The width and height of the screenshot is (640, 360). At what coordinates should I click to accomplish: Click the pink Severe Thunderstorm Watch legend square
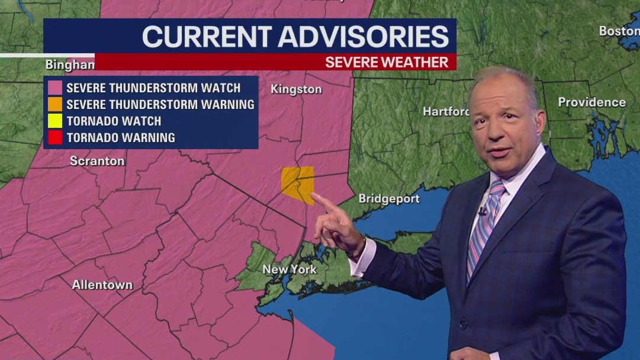click(x=55, y=88)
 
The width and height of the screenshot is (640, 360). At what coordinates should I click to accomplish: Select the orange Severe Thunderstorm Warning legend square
click(x=55, y=105)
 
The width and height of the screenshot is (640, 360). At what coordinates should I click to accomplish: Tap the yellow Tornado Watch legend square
click(x=55, y=121)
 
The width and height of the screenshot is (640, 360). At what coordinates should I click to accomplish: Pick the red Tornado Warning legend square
click(x=55, y=138)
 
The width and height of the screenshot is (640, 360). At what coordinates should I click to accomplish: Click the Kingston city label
click(x=296, y=89)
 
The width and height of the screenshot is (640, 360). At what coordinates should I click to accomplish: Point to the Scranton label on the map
click(x=97, y=161)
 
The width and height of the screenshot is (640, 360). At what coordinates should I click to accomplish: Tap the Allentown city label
click(x=102, y=285)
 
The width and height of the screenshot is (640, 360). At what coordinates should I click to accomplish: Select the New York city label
click(x=290, y=269)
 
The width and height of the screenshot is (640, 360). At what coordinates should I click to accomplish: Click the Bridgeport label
click(x=388, y=199)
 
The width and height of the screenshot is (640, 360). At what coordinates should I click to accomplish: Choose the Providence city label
click(x=591, y=102)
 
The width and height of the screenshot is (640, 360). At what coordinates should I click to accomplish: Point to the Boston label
click(x=618, y=31)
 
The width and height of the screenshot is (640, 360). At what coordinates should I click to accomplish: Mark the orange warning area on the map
click(x=297, y=183)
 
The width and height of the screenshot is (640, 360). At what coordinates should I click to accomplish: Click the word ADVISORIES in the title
click(x=363, y=37)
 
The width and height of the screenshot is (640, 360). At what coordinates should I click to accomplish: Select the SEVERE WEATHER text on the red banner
click(x=387, y=62)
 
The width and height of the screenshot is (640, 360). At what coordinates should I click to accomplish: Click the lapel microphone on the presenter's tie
click(x=483, y=211)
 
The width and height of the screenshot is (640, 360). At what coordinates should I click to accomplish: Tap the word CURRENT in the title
click(x=206, y=37)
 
